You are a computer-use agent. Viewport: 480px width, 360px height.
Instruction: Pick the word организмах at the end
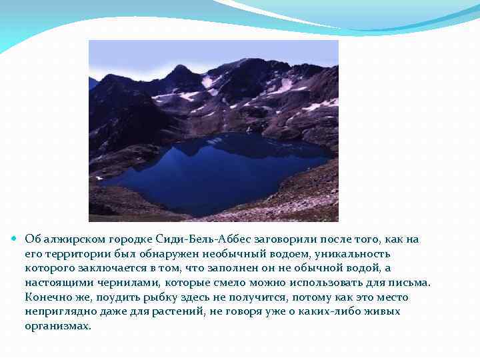pos(57,327)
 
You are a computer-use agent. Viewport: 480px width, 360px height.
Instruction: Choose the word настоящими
pos(53,283)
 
